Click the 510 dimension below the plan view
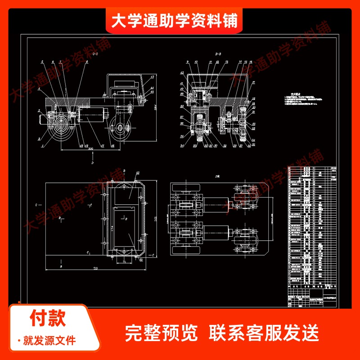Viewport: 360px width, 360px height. pyautogui.click(x=95, y=269)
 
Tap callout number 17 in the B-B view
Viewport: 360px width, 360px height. pyautogui.click(x=253, y=82)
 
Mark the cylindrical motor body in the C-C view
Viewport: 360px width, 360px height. pyautogui.click(x=92, y=116)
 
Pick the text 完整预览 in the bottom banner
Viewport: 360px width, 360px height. pyautogui.click(x=161, y=333)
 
